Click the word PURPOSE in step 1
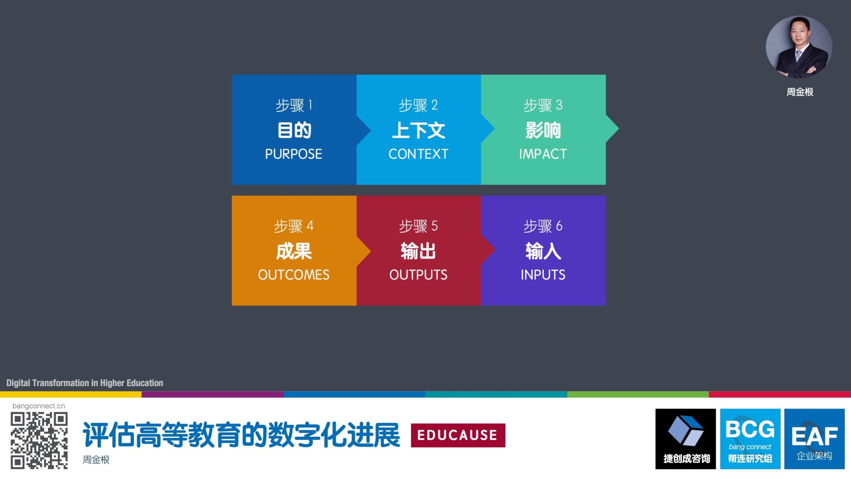(294, 154)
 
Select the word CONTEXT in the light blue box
(419, 154)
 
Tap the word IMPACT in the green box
(543, 154)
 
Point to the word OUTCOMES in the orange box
(294, 275)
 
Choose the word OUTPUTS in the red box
(418, 275)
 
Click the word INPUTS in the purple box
(543, 275)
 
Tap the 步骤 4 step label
(294, 226)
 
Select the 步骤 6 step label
(543, 226)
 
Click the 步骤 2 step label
(418, 105)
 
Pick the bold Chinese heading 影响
(543, 130)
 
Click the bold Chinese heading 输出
(418, 251)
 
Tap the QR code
(39, 440)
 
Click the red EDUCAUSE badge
(458, 435)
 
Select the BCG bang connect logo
(750, 439)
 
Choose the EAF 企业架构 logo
(814, 439)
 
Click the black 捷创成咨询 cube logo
(685, 439)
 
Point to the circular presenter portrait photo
(799, 47)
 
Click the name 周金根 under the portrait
(800, 92)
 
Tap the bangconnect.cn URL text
(39, 406)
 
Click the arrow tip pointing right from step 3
(618, 128)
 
